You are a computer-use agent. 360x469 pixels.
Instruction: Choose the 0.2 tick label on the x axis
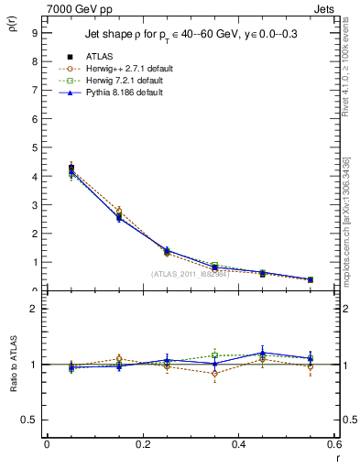142,443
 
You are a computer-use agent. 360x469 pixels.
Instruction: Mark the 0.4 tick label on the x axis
238,443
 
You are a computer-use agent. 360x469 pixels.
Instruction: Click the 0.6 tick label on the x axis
333,443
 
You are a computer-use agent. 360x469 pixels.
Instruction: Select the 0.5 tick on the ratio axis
30,420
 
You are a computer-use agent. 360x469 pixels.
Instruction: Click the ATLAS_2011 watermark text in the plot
190,274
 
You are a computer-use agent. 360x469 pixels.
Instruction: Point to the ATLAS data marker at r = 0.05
71,169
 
